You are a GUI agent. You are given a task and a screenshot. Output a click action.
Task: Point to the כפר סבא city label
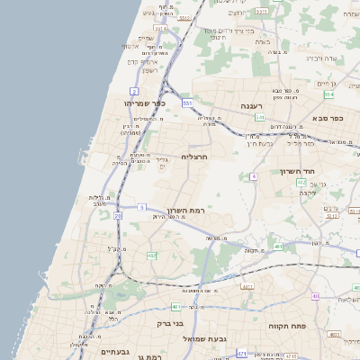pos(331,118)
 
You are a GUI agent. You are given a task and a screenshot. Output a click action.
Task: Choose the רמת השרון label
pos(186,210)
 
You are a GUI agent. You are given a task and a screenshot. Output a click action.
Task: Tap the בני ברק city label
pos(170,323)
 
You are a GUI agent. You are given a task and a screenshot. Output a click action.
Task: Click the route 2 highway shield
pos(134,91)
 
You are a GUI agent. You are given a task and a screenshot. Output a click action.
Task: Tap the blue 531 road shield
pos(187,104)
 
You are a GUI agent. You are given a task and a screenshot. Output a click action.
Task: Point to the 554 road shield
pos(329,94)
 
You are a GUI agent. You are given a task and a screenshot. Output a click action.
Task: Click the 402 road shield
pos(301,183)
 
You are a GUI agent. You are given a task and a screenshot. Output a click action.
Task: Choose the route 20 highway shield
pos(118,216)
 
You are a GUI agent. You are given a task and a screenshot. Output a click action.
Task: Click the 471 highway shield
pos(241,354)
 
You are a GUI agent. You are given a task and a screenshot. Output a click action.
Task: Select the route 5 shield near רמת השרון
pos(141,208)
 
